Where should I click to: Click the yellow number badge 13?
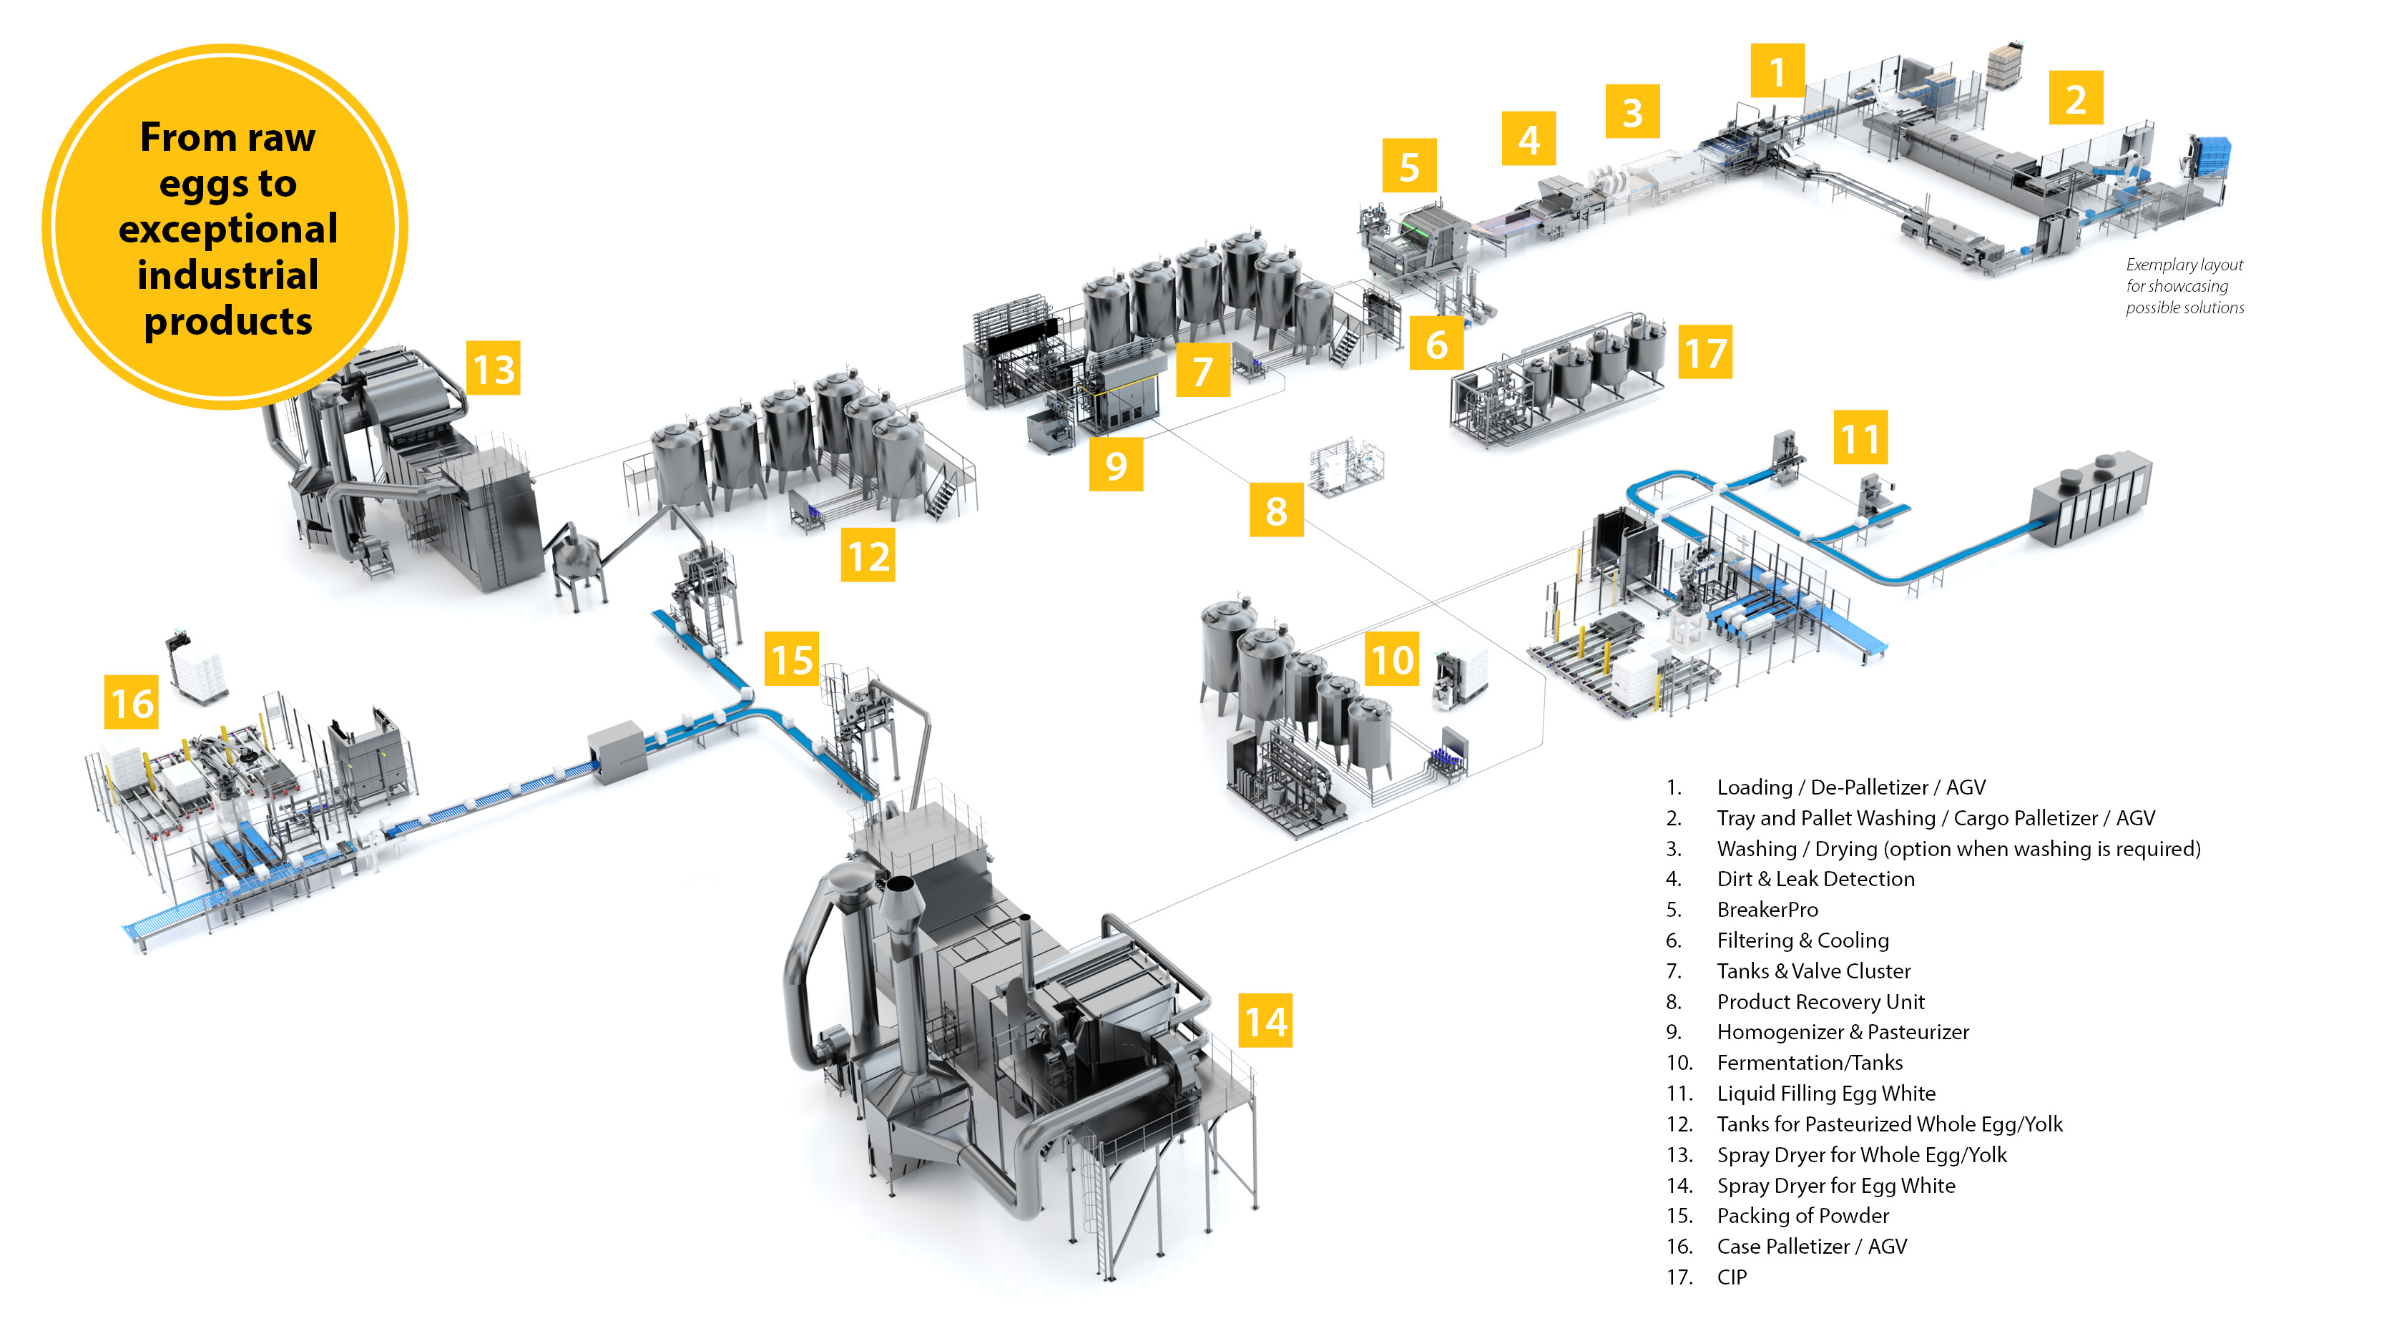pyautogui.click(x=494, y=369)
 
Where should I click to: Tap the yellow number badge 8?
pyautogui.click(x=1276, y=510)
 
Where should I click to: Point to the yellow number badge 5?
pyautogui.click(x=1408, y=167)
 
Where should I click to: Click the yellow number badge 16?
pyautogui.click(x=132, y=703)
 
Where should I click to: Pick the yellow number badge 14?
pyautogui.click(x=1265, y=1022)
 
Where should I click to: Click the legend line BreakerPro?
pyautogui.click(x=1767, y=910)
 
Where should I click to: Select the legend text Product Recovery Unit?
pyautogui.click(x=1820, y=1001)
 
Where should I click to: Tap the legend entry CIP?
pyautogui.click(x=1732, y=1277)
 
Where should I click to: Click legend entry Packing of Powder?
pyautogui.click(x=1802, y=1216)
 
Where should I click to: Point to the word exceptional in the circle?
pyautogui.click(x=227, y=230)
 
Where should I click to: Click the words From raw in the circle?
pyautogui.click(x=227, y=138)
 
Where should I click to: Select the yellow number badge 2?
pyautogui.click(x=2076, y=98)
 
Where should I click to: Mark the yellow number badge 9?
pyautogui.click(x=1115, y=465)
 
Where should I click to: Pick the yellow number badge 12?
pyautogui.click(x=868, y=555)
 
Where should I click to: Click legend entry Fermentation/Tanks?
pyautogui.click(x=1810, y=1063)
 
